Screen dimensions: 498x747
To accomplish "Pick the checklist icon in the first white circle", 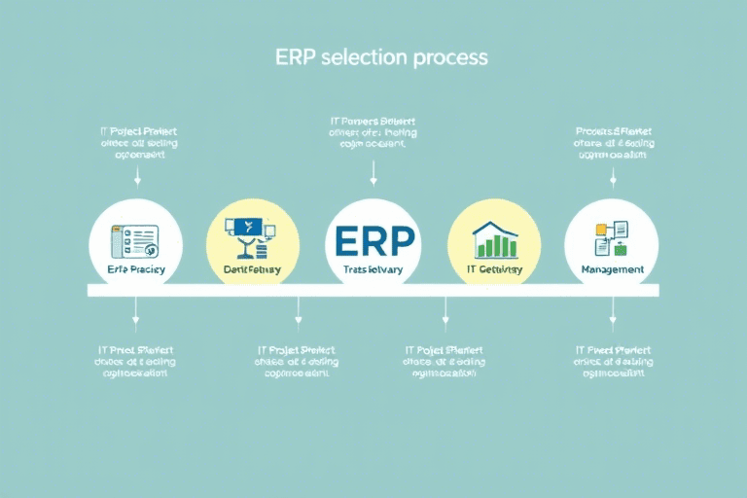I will point(135,239).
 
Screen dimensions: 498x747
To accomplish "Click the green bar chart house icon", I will point(493,239).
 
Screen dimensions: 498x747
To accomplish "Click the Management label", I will point(612,269).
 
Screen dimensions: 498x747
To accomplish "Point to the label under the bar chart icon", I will point(493,269).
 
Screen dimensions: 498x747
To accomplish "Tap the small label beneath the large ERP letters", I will point(373,269).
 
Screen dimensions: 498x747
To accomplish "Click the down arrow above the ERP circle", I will point(373,174).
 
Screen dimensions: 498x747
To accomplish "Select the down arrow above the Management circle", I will point(613,175).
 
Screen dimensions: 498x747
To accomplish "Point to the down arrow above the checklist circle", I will point(136,175).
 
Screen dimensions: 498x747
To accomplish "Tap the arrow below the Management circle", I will point(613,313).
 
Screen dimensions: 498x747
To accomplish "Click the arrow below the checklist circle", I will point(136,313).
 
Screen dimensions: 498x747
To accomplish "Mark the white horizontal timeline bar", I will point(373,290).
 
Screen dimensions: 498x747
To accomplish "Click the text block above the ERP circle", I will point(373,135).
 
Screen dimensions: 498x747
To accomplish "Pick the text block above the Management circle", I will point(614,142).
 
